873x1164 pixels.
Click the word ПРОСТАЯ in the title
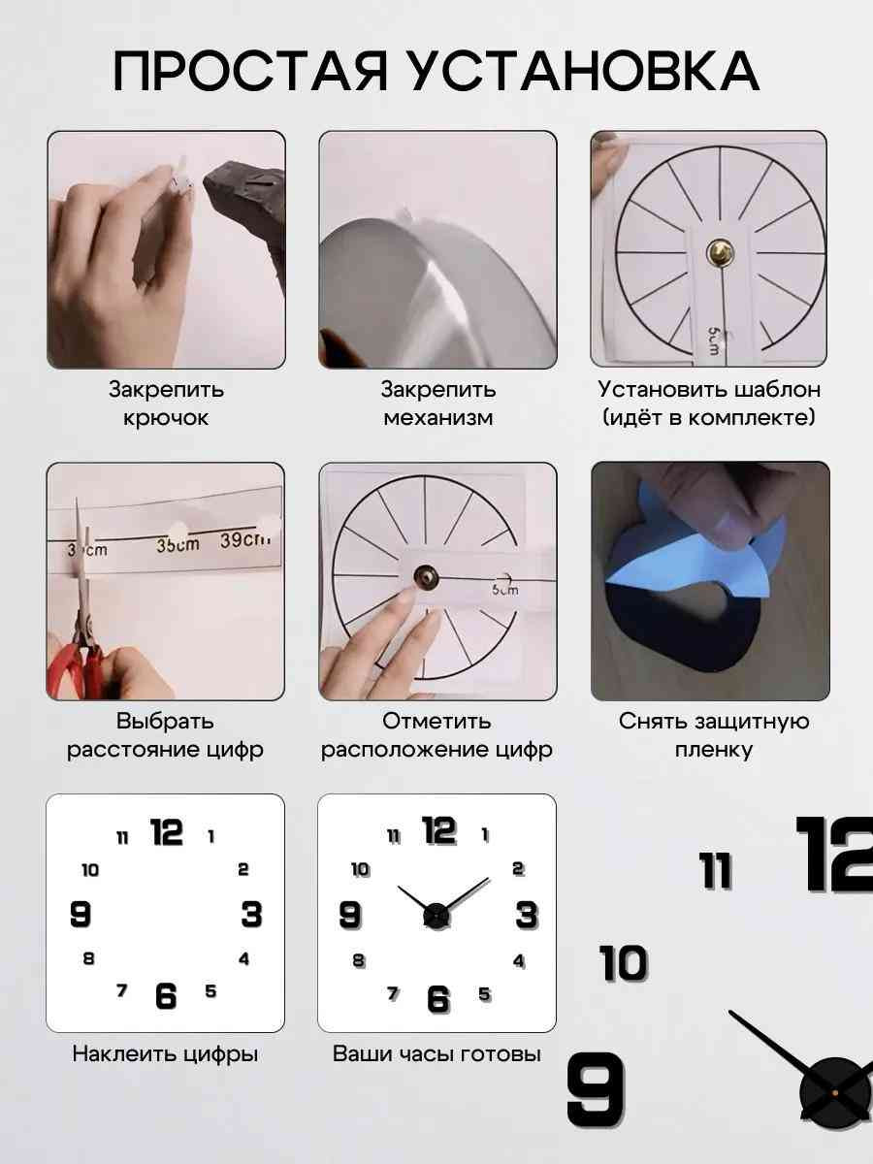click(250, 72)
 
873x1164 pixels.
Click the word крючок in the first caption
click(166, 418)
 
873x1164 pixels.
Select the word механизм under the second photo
click(437, 418)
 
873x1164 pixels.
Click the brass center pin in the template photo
click(721, 251)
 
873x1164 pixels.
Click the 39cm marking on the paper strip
click(244, 540)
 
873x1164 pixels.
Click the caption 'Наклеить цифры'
click(165, 1053)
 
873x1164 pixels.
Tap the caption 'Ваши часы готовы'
click(436, 1053)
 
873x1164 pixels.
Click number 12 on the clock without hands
click(167, 831)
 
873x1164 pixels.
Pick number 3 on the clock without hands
click(251, 915)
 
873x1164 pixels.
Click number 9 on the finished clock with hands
click(350, 916)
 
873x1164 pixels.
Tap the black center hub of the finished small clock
click(436, 917)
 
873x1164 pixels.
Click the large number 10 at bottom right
click(624, 962)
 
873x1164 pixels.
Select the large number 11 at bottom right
click(716, 871)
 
